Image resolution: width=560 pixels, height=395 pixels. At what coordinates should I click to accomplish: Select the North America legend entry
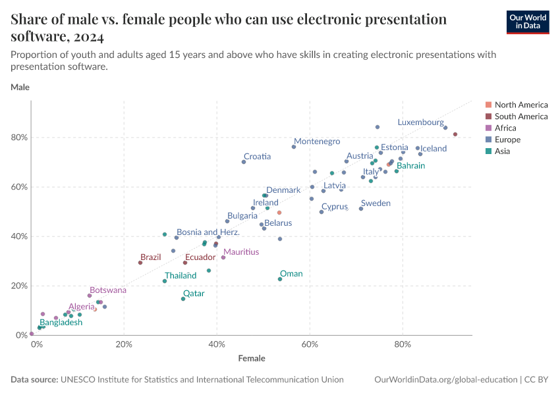coord(520,105)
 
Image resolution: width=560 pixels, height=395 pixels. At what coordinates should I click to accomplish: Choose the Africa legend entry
coord(505,128)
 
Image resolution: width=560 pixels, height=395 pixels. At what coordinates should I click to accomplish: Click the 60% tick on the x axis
coord(310,344)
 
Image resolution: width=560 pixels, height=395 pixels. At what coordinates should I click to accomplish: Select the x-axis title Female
coord(252,359)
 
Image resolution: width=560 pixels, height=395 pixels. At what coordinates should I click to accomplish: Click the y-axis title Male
coord(20,87)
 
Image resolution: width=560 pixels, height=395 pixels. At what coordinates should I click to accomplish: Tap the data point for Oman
coord(280,279)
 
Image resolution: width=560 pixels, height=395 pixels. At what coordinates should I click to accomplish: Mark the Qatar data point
coord(183,299)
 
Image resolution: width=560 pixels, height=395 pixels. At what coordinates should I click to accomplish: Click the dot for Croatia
coord(244,162)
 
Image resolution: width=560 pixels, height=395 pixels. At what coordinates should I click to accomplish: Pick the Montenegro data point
coord(294,147)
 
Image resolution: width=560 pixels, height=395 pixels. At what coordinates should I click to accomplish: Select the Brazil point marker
coord(140,263)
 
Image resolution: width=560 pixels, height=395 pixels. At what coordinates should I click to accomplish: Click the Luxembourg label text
coord(420,122)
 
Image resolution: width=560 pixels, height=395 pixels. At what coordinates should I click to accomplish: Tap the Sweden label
coord(376,203)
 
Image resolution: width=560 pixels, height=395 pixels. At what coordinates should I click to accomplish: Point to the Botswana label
coord(108,290)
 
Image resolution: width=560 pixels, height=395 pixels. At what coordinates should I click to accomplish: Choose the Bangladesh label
coord(61,323)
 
